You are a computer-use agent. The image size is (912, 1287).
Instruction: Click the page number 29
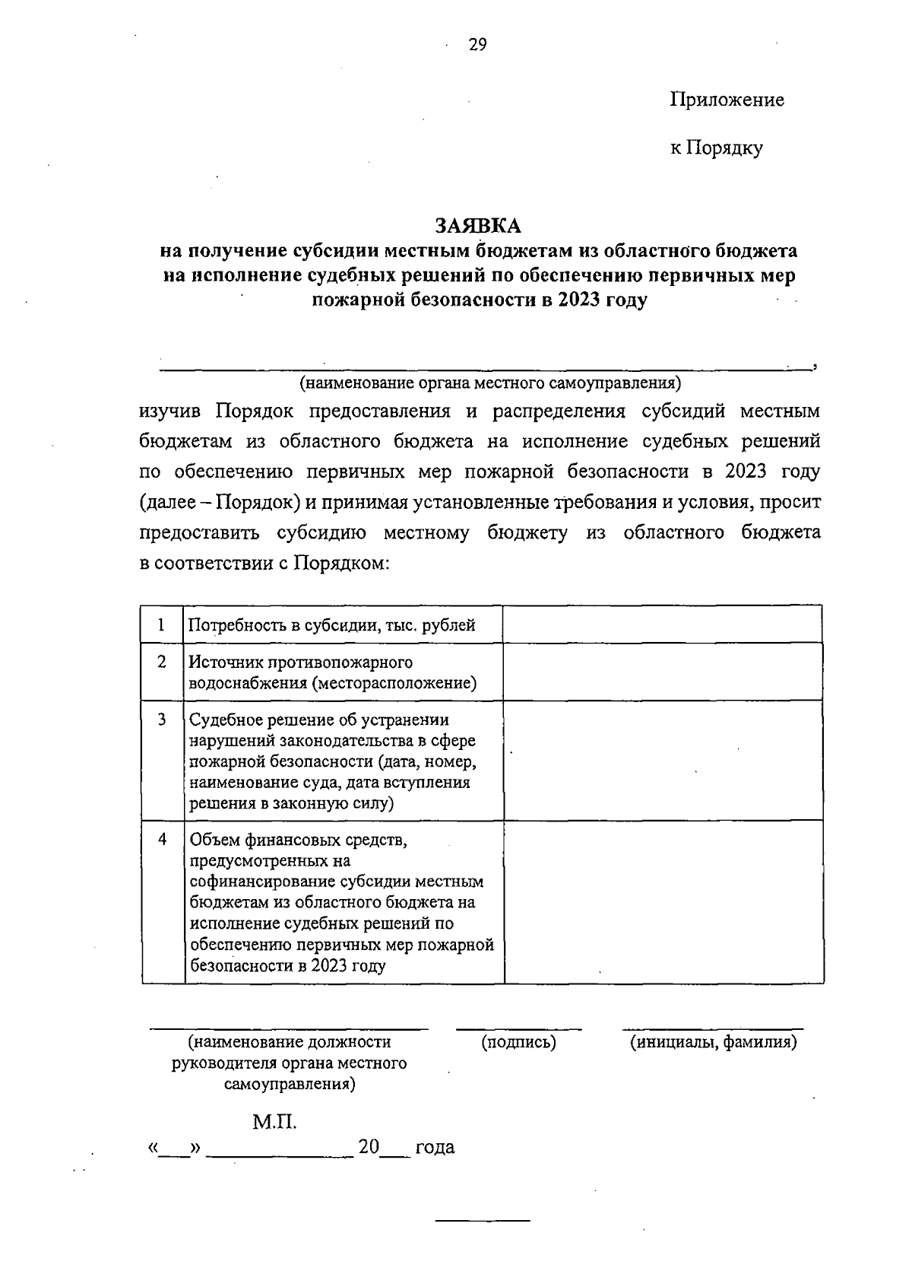(x=477, y=45)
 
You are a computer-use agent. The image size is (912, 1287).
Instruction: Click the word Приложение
(x=727, y=100)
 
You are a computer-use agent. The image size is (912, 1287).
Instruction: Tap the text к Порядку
(x=716, y=148)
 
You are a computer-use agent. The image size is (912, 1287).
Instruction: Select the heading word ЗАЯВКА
(x=478, y=226)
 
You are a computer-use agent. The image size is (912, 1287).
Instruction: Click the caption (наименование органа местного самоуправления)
(x=490, y=382)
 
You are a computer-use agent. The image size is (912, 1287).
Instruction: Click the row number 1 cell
(x=162, y=624)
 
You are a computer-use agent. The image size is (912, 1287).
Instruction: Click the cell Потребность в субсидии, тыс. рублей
(x=332, y=625)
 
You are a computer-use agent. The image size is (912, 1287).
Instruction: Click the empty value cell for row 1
(x=663, y=624)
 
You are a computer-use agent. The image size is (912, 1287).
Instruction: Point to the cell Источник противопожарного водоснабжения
(x=332, y=672)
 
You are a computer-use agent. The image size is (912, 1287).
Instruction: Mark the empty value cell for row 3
(x=663, y=760)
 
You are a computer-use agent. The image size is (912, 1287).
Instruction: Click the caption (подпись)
(x=519, y=1042)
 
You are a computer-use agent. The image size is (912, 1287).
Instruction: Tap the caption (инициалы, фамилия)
(x=712, y=1042)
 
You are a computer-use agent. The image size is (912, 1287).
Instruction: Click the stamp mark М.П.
(x=274, y=1122)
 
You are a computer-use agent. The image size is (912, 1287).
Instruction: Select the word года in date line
(x=435, y=1147)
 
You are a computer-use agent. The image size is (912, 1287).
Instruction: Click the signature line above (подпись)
(x=519, y=1029)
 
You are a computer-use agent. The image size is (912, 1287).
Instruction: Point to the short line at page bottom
(x=482, y=1220)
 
